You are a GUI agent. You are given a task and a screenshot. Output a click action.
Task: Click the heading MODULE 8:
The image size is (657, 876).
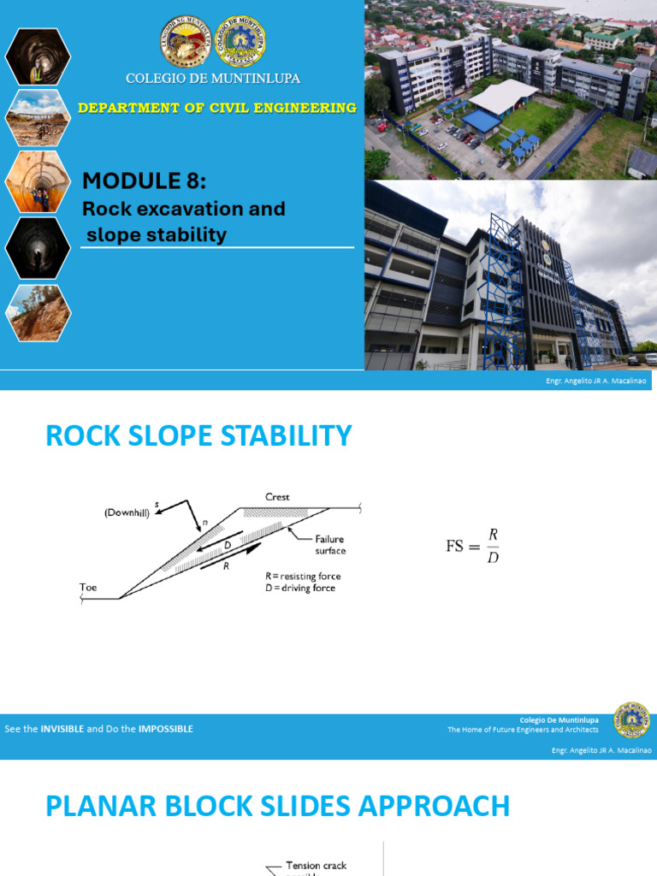tap(144, 181)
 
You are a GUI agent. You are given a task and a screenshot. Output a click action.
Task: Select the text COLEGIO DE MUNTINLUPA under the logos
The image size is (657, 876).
tap(213, 79)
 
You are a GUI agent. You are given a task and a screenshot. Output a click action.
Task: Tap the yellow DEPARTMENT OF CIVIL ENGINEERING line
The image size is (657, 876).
tap(217, 108)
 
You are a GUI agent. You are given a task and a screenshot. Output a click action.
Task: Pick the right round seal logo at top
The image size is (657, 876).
tap(240, 42)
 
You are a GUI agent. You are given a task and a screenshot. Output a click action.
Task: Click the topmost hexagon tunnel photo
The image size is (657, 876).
tap(38, 56)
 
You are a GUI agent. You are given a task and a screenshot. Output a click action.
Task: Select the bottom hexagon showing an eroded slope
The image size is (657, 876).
tap(38, 313)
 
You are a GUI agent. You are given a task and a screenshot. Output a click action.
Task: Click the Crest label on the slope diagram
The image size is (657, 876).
tap(277, 496)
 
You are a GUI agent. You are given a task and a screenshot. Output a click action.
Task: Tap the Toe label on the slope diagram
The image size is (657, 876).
tap(89, 588)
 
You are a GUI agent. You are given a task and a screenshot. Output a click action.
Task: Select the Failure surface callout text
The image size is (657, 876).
tap(330, 545)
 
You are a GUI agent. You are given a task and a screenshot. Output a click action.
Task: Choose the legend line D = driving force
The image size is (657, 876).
tap(300, 589)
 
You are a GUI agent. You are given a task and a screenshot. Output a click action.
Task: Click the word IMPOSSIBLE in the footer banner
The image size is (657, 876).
tap(162, 729)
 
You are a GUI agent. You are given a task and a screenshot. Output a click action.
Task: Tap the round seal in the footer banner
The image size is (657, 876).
tap(632, 721)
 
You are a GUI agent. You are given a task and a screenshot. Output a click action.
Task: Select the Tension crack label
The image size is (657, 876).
tap(316, 866)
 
